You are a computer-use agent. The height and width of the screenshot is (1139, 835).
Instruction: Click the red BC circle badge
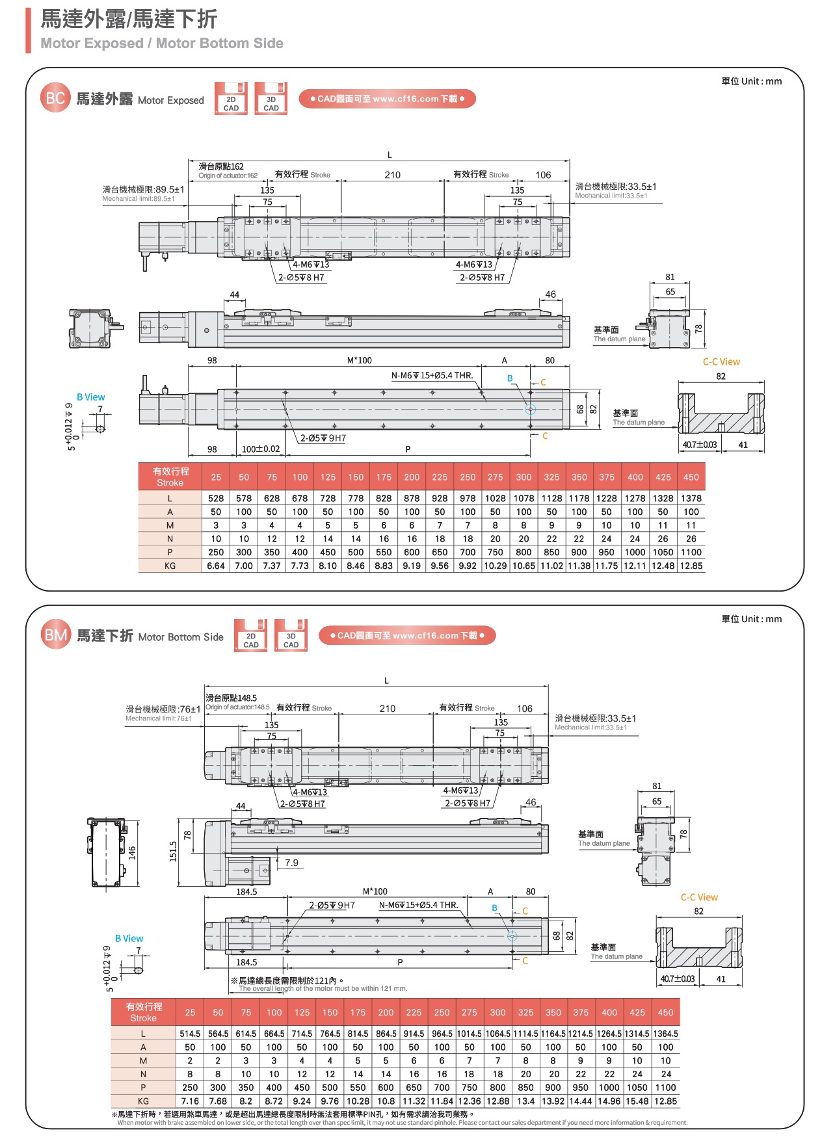click(55, 98)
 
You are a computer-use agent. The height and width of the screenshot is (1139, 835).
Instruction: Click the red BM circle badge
click(55, 635)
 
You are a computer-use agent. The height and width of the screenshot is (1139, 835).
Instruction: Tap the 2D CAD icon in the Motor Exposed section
click(231, 99)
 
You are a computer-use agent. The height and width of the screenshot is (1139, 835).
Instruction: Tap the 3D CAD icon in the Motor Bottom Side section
click(291, 636)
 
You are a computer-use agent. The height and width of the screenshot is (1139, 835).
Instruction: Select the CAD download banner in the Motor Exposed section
click(387, 99)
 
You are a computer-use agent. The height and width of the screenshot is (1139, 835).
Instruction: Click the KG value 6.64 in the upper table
click(216, 566)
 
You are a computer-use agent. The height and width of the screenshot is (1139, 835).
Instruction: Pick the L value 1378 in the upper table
click(691, 498)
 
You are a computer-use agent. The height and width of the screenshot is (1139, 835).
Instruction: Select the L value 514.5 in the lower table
click(190, 1034)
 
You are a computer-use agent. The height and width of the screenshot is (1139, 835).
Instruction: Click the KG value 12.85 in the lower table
click(665, 1101)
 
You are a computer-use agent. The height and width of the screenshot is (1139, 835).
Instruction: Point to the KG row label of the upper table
click(170, 566)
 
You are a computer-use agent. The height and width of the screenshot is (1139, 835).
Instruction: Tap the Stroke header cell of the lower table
click(144, 1012)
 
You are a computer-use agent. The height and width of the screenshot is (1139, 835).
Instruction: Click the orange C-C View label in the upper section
click(721, 362)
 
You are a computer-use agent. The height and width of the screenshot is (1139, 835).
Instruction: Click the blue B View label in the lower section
click(129, 939)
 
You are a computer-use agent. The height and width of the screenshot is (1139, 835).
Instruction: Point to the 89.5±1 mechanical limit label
click(144, 190)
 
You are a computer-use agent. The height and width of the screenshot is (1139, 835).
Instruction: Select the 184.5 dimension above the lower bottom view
click(246, 892)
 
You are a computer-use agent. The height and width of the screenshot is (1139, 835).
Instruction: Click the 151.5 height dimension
click(173, 852)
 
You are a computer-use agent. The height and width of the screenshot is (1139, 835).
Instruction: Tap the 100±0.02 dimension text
click(261, 449)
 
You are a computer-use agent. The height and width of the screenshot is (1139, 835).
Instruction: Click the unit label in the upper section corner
click(751, 81)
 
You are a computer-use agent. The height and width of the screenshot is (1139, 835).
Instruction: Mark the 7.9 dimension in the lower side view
click(291, 863)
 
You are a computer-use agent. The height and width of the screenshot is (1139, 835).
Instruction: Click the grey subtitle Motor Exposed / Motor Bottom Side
click(162, 44)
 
